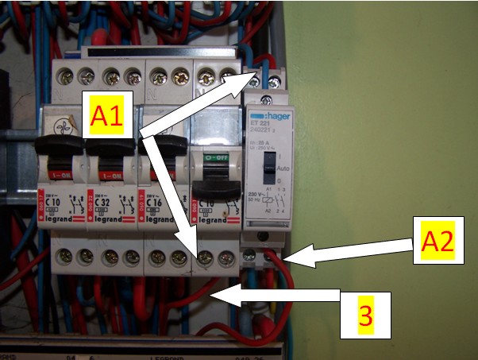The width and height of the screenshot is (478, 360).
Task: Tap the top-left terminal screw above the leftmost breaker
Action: (x=61, y=75)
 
